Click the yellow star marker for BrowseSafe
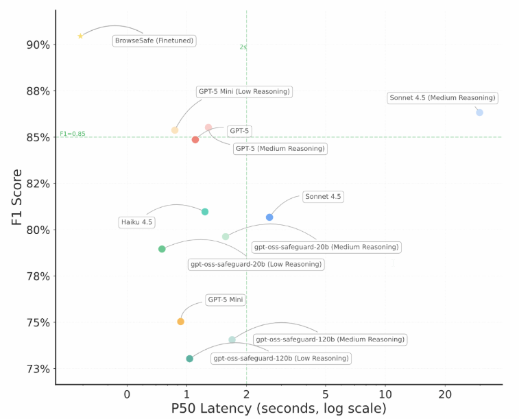click(80, 36)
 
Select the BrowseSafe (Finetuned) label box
click(154, 40)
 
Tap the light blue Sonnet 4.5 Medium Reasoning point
click(479, 112)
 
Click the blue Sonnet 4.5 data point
click(269, 217)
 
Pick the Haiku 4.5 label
click(137, 222)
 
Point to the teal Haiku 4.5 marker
click(205, 212)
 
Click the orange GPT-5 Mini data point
click(181, 322)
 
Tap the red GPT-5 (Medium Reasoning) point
click(195, 140)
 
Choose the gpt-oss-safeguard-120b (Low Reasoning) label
click(280, 358)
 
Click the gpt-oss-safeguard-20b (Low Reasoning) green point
click(162, 249)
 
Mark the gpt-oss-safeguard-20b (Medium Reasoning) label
click(326, 247)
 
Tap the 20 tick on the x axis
click(445, 394)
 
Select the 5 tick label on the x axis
click(326, 394)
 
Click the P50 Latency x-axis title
click(278, 409)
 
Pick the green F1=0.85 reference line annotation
click(73, 134)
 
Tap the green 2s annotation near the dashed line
click(243, 47)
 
